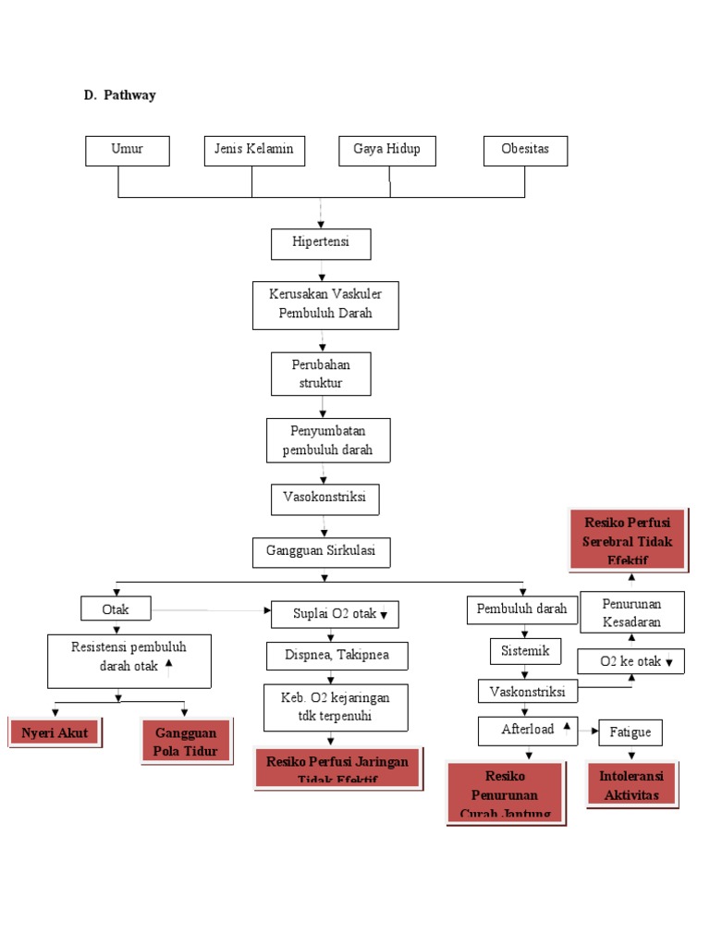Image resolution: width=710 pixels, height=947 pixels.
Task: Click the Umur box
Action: (x=128, y=151)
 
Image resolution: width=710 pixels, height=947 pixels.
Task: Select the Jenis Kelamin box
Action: (x=254, y=151)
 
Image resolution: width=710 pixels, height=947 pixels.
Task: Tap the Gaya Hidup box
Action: (x=386, y=151)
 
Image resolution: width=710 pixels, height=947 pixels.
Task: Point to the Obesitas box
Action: (x=525, y=151)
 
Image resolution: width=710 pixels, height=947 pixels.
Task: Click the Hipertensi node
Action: (x=321, y=244)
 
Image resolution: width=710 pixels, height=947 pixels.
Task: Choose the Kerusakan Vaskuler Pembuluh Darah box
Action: (x=325, y=305)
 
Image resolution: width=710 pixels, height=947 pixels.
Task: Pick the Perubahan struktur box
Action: (x=321, y=374)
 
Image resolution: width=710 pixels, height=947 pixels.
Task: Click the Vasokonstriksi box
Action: (x=324, y=498)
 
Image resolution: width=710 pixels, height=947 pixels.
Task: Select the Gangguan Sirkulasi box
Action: (x=322, y=552)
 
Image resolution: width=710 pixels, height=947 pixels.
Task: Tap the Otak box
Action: (x=116, y=609)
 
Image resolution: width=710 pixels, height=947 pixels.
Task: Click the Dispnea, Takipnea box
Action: (x=337, y=656)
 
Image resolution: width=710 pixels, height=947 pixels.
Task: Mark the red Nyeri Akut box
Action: (x=55, y=734)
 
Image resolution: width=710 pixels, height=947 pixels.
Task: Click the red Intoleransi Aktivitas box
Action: (x=631, y=785)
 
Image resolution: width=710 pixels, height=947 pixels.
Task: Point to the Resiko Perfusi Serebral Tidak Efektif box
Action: (x=628, y=539)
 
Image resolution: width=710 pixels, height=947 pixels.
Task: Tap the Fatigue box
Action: (x=630, y=732)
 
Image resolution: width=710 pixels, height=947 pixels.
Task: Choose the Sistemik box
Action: (x=525, y=651)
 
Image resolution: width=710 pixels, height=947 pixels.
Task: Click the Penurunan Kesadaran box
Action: (x=632, y=612)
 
